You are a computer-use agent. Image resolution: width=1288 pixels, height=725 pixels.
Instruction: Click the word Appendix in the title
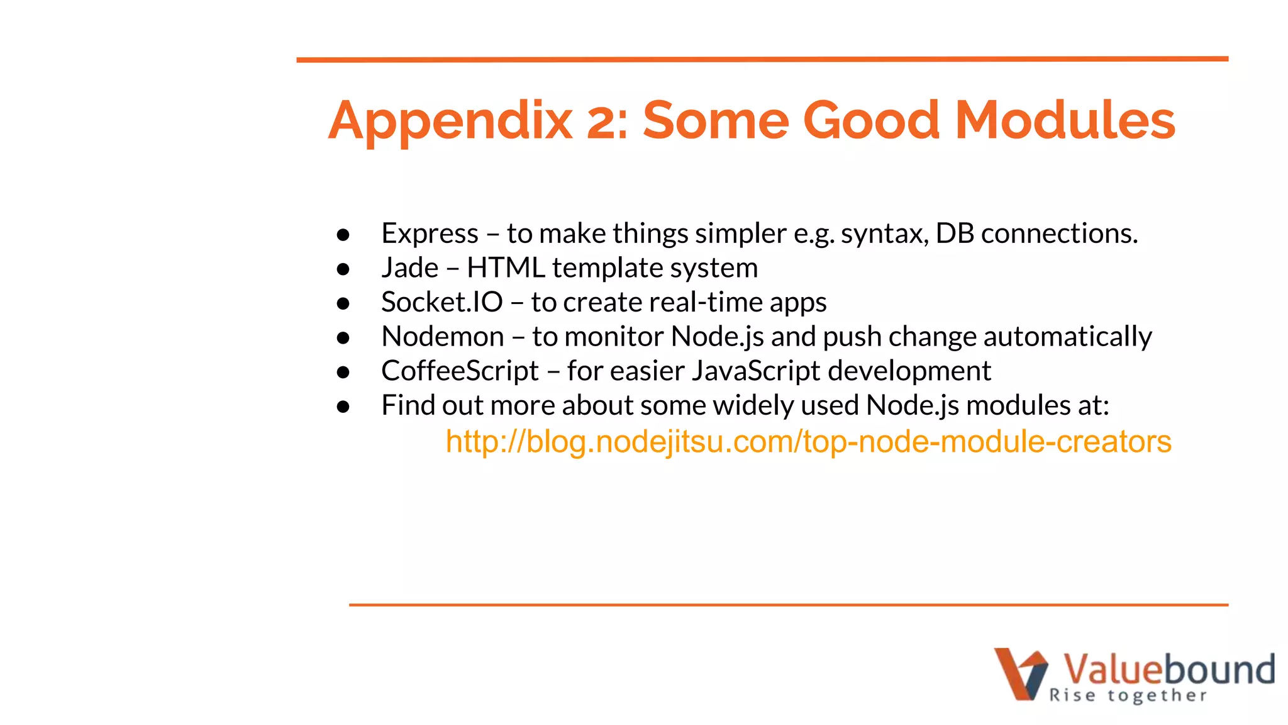pos(450,121)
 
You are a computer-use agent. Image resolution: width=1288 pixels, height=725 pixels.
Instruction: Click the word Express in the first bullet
pos(430,233)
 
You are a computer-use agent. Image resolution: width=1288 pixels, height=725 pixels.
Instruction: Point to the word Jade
pos(409,268)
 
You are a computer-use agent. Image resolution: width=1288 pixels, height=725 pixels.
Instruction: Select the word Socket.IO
pos(441,302)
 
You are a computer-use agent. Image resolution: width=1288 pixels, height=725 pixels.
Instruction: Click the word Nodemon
pos(443,337)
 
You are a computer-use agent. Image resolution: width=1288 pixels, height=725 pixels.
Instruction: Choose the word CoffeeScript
pos(460,371)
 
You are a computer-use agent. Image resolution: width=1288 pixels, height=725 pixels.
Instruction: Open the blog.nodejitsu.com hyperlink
pos(808,441)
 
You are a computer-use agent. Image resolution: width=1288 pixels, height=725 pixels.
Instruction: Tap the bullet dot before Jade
pos(343,269)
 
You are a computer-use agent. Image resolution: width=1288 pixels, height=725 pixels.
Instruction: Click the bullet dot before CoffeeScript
pos(343,373)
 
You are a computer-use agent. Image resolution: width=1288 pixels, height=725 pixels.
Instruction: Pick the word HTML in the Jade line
pos(506,268)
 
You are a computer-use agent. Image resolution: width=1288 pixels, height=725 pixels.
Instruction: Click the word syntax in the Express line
pos(884,234)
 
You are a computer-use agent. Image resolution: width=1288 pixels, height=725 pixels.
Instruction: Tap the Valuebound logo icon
pos(1020,673)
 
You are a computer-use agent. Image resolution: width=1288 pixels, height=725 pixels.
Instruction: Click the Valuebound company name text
pos(1169,668)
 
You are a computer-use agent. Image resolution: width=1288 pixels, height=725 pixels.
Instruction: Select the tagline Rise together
pos(1128,695)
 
